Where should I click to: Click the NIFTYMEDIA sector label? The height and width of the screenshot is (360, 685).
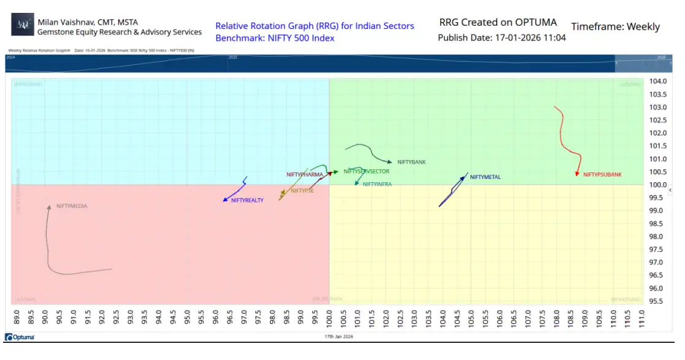pyautogui.click(x=72, y=206)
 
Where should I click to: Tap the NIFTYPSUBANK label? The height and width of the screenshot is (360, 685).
pyautogui.click(x=602, y=175)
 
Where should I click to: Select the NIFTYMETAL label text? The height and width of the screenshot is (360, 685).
pyautogui.click(x=485, y=177)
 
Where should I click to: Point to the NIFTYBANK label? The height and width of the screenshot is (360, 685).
pyautogui.click(x=411, y=162)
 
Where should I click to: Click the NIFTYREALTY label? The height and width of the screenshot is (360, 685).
pyautogui.click(x=247, y=201)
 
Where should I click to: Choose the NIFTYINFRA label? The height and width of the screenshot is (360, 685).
pyautogui.click(x=377, y=184)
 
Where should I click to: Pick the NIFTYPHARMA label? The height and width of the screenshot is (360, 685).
pyautogui.click(x=305, y=174)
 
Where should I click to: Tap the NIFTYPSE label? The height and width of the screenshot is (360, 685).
pyautogui.click(x=302, y=191)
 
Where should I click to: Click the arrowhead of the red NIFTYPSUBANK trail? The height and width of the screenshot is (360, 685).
pyautogui.click(x=578, y=174)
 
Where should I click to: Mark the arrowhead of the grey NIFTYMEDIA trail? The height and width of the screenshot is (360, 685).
pyautogui.click(x=49, y=207)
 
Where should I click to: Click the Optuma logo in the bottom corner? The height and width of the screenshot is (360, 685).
pyautogui.click(x=20, y=337)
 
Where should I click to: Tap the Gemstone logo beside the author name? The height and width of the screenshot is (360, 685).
pyautogui.click(x=23, y=25)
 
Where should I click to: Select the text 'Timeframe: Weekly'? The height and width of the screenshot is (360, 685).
pyautogui.click(x=615, y=26)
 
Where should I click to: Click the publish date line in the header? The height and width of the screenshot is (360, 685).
pyautogui.click(x=502, y=37)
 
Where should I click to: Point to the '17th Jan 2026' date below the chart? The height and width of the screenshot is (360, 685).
pyautogui.click(x=339, y=337)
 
